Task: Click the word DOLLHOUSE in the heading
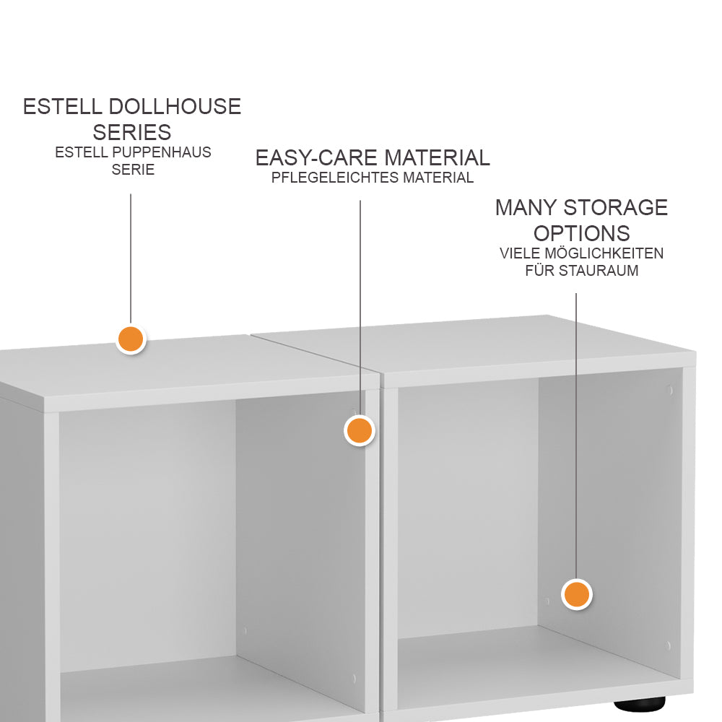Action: point(175,107)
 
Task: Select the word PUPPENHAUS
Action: point(162,152)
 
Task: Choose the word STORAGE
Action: point(616,208)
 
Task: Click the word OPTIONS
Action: point(581,233)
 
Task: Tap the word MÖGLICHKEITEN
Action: point(604,253)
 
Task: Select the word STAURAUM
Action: point(598,270)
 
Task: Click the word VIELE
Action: point(520,253)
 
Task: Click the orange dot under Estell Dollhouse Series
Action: point(131,339)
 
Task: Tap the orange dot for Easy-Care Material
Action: point(359,430)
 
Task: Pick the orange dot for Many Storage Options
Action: point(576,594)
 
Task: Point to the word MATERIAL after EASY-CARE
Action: point(437,158)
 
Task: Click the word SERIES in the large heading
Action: point(132,133)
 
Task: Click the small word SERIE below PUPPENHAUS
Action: point(133,170)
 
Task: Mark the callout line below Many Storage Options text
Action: point(576,436)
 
